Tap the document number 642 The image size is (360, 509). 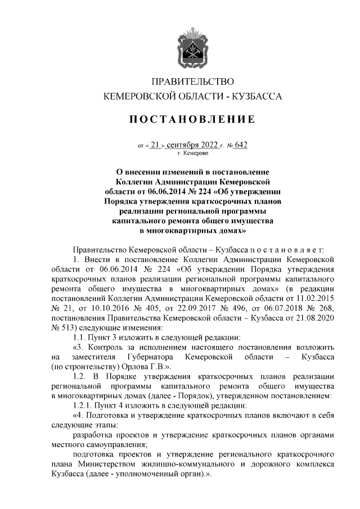click(x=240, y=144)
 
